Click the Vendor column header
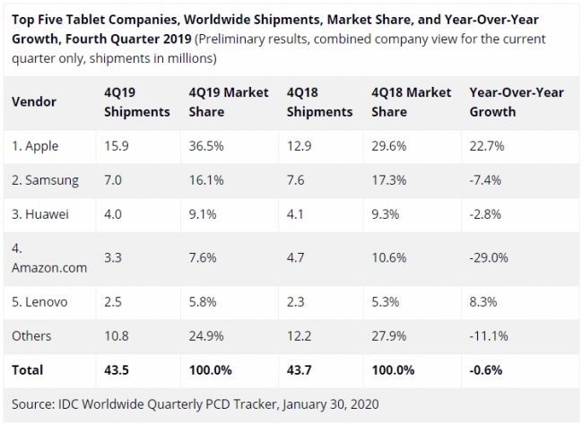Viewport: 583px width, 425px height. click(x=33, y=103)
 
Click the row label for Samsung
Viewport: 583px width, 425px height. click(x=46, y=179)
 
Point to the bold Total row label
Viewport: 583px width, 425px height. click(x=28, y=369)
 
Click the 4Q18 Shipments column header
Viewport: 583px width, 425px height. click(x=319, y=103)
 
